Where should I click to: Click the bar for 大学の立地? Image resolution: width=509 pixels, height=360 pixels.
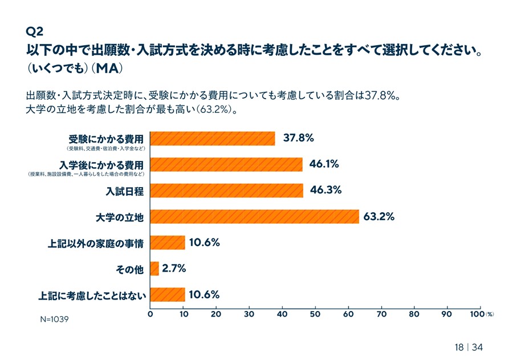coord(254,217)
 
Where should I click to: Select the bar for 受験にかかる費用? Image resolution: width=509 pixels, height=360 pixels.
coord(213,139)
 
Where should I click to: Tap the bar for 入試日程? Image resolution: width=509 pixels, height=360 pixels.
coord(227,191)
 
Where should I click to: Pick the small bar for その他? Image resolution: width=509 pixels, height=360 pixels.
coord(154,269)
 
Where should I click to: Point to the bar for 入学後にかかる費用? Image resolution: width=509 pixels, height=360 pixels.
coord(226,164)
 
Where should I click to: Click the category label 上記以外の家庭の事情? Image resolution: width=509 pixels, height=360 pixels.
coord(95,243)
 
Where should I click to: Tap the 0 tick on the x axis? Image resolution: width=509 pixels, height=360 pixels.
coord(150,314)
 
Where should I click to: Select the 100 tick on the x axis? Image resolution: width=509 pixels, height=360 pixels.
coord(477,314)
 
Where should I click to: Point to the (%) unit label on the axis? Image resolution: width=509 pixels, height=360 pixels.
coord(490,314)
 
